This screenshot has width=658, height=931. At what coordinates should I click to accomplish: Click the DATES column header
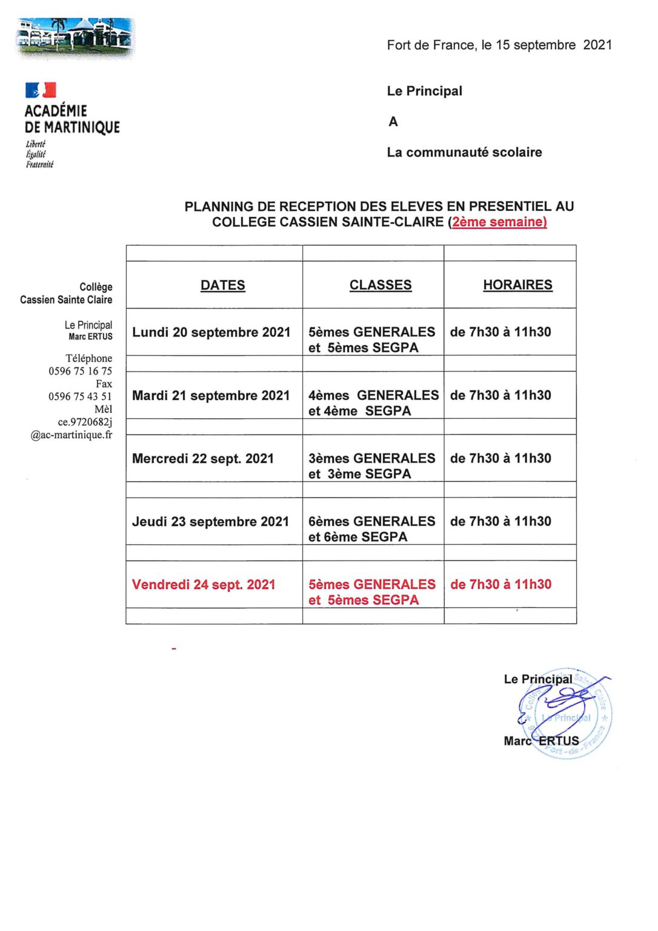coord(222,285)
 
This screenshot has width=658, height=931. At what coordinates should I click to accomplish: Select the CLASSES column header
coord(381,285)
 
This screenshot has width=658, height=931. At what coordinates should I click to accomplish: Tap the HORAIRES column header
coord(517,285)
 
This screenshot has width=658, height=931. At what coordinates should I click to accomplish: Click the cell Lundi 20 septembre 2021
coord(211,332)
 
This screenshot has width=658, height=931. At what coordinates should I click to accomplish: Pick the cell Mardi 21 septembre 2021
coord(211,396)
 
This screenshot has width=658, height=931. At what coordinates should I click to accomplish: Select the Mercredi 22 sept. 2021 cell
coord(203,459)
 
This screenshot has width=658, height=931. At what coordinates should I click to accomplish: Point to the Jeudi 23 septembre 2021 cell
coord(210,522)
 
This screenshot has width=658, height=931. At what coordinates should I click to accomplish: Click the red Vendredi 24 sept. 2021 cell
coord(204,585)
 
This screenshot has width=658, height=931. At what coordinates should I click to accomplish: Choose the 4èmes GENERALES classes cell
coord(373,403)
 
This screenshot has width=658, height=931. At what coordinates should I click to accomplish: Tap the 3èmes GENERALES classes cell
coord(371,466)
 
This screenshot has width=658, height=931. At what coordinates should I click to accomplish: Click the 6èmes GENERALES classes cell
coord(371,529)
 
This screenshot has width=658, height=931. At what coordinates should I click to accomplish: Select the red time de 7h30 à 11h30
coord(500,585)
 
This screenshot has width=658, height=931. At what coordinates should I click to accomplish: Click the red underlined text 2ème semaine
coord(499,222)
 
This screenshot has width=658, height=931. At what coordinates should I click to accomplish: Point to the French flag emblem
coord(41,90)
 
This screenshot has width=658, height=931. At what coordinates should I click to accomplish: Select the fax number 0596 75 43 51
coord(80,396)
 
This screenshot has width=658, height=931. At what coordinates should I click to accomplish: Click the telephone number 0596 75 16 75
coord(80,371)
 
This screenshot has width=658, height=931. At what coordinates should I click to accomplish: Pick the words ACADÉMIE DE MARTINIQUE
coord(72,119)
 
